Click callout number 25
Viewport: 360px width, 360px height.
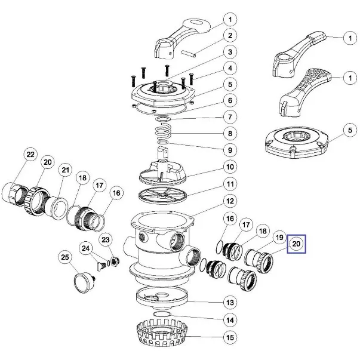66,257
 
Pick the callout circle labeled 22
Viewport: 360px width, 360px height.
30,155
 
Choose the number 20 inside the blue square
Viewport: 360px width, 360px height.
297,244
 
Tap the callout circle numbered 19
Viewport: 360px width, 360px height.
279,238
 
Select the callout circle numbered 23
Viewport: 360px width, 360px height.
106,239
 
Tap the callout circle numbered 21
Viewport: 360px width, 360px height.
64,171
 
